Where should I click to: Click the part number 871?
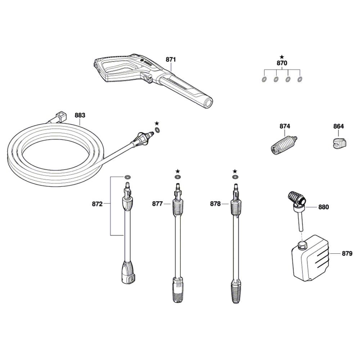(x=171, y=59)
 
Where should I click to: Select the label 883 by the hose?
(x=80, y=115)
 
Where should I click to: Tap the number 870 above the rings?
(x=282, y=63)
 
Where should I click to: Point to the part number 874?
(x=285, y=126)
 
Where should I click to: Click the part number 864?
(x=339, y=126)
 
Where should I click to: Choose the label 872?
(x=97, y=204)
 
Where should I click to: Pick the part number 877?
(x=157, y=204)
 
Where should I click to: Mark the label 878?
(x=215, y=204)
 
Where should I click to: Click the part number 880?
(x=324, y=207)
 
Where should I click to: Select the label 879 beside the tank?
(x=347, y=253)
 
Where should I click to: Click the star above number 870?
(x=282, y=57)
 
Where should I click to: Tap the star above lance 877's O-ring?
(x=177, y=171)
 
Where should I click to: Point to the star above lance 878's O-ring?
(x=235, y=171)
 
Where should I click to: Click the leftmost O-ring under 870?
(x=264, y=80)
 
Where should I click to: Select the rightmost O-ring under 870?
(x=300, y=80)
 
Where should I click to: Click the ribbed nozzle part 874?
(x=284, y=145)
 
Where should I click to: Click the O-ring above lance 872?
(x=128, y=177)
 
